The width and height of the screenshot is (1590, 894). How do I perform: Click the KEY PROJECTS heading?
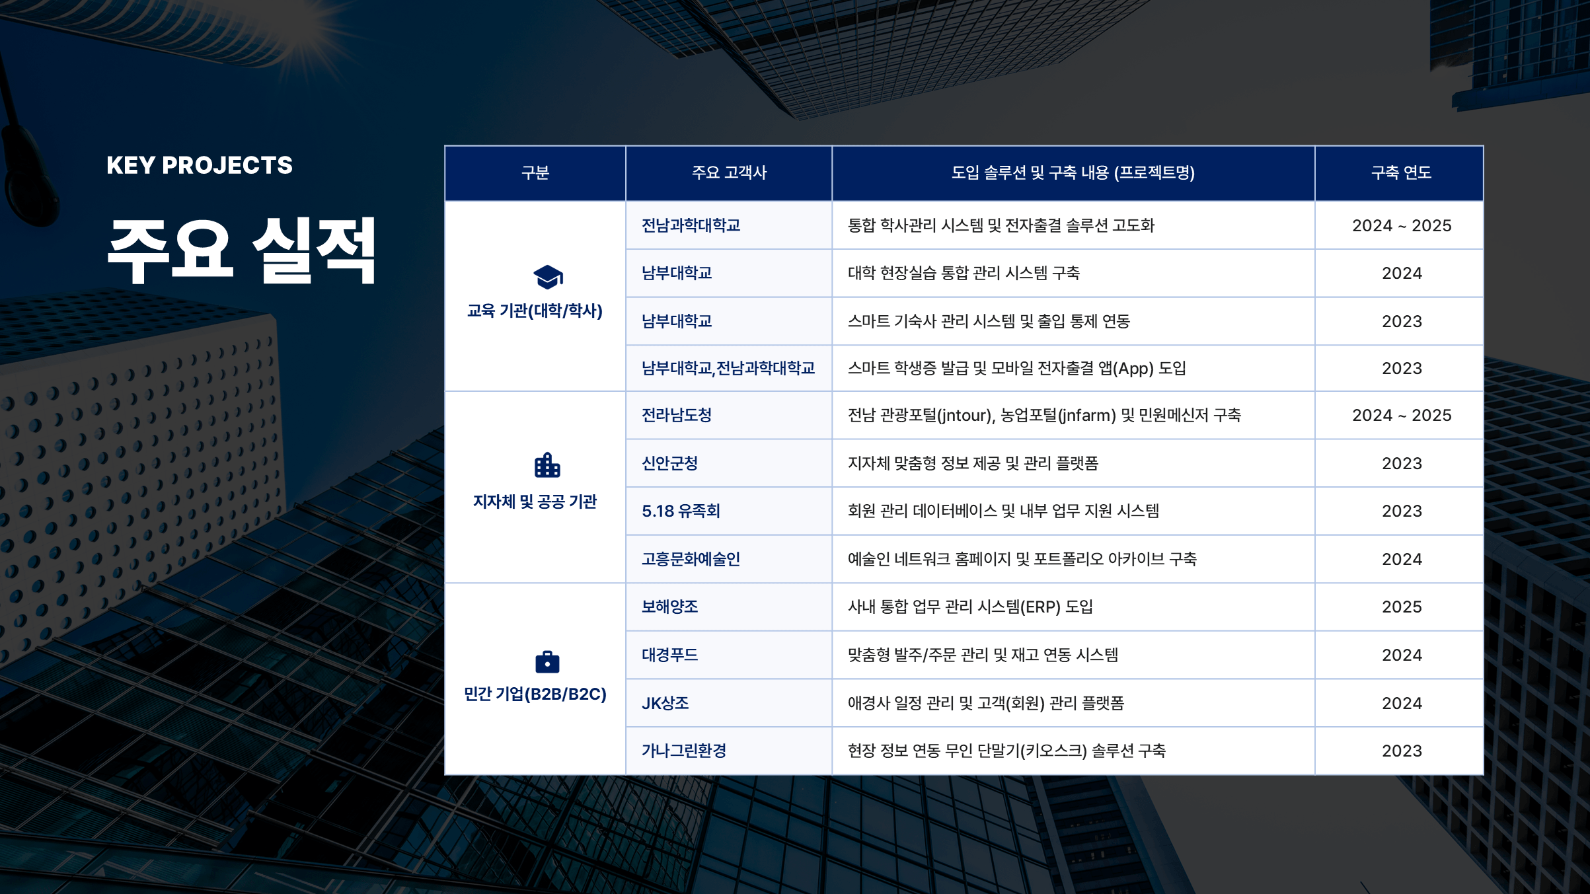[x=200, y=165]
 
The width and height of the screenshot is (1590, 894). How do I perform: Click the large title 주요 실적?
[x=242, y=251]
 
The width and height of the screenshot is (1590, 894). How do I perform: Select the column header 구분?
[x=535, y=173]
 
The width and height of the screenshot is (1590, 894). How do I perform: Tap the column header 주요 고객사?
[x=729, y=173]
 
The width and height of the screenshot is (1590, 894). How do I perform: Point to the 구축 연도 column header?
[x=1401, y=173]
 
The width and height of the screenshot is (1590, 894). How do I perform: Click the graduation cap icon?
[x=548, y=278]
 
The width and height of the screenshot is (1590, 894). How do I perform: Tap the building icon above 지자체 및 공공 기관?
[x=547, y=465]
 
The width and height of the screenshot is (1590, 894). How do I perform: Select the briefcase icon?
[x=547, y=661]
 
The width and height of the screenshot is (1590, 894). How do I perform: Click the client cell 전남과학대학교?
[x=691, y=225]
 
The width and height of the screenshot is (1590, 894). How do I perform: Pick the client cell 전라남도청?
[x=677, y=415]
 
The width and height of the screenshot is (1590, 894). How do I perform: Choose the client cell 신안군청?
[x=669, y=463]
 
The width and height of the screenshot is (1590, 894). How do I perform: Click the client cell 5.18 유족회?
[x=681, y=511]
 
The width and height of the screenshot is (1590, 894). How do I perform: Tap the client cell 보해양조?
[x=669, y=607]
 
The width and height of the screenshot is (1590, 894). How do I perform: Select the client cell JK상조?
[x=665, y=703]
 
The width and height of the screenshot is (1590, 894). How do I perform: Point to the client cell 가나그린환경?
[x=684, y=751]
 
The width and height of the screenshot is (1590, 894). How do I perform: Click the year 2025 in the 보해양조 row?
[x=1402, y=607]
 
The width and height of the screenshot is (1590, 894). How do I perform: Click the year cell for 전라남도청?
[x=1402, y=415]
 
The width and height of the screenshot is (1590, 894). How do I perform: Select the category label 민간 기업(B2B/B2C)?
[x=535, y=694]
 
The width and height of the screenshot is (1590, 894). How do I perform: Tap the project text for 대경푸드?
[x=983, y=655]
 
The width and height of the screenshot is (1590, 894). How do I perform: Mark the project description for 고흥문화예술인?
[x=1022, y=559]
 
